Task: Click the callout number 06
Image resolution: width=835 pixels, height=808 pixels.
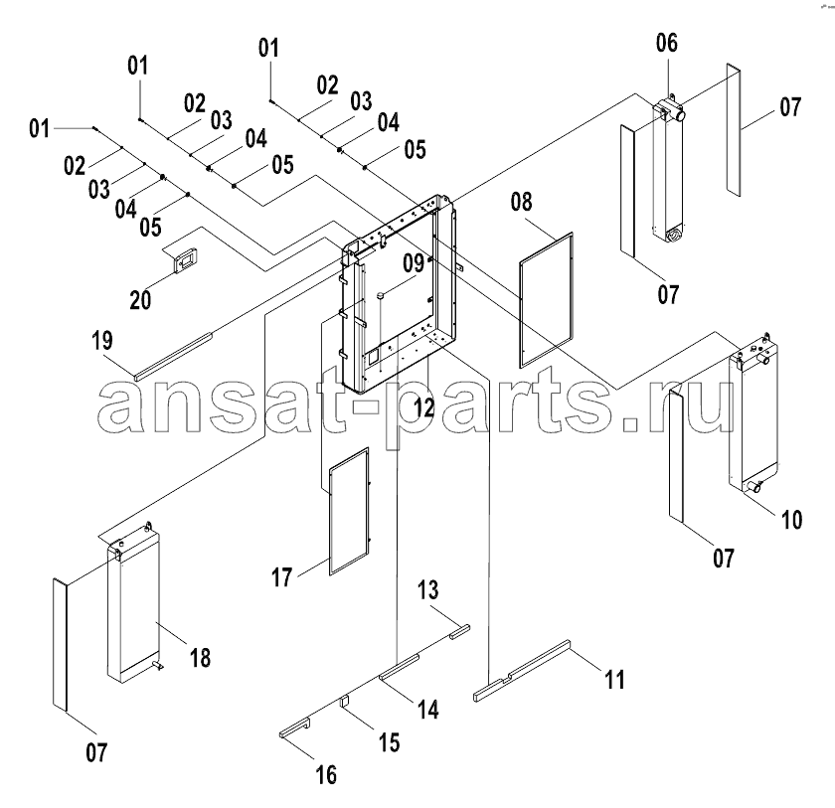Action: tap(667, 43)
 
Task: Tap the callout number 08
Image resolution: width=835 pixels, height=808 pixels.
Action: tap(521, 203)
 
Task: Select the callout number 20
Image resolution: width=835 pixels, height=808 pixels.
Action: tap(140, 300)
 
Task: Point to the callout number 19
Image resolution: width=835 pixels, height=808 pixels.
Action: tap(102, 341)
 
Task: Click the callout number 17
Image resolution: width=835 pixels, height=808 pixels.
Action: tap(282, 577)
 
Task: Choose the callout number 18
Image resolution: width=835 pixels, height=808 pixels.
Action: tap(200, 658)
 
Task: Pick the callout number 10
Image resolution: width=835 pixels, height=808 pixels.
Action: tap(791, 520)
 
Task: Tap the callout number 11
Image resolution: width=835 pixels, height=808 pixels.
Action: tap(614, 680)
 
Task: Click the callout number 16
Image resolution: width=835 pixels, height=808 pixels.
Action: tap(326, 774)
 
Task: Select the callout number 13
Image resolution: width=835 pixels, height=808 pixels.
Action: tap(428, 589)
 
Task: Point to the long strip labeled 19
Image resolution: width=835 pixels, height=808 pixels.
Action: tap(174, 357)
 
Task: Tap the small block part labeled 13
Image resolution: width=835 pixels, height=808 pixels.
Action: tap(460, 631)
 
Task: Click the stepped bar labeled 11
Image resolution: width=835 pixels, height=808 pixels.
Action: tap(522, 671)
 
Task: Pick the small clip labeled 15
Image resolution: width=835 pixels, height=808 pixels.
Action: tap(345, 701)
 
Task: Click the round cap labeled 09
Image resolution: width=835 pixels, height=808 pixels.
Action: tap(380, 295)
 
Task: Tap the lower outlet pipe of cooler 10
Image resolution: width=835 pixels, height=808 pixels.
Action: tap(753, 486)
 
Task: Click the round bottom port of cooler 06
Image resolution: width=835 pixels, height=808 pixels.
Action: tap(675, 235)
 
